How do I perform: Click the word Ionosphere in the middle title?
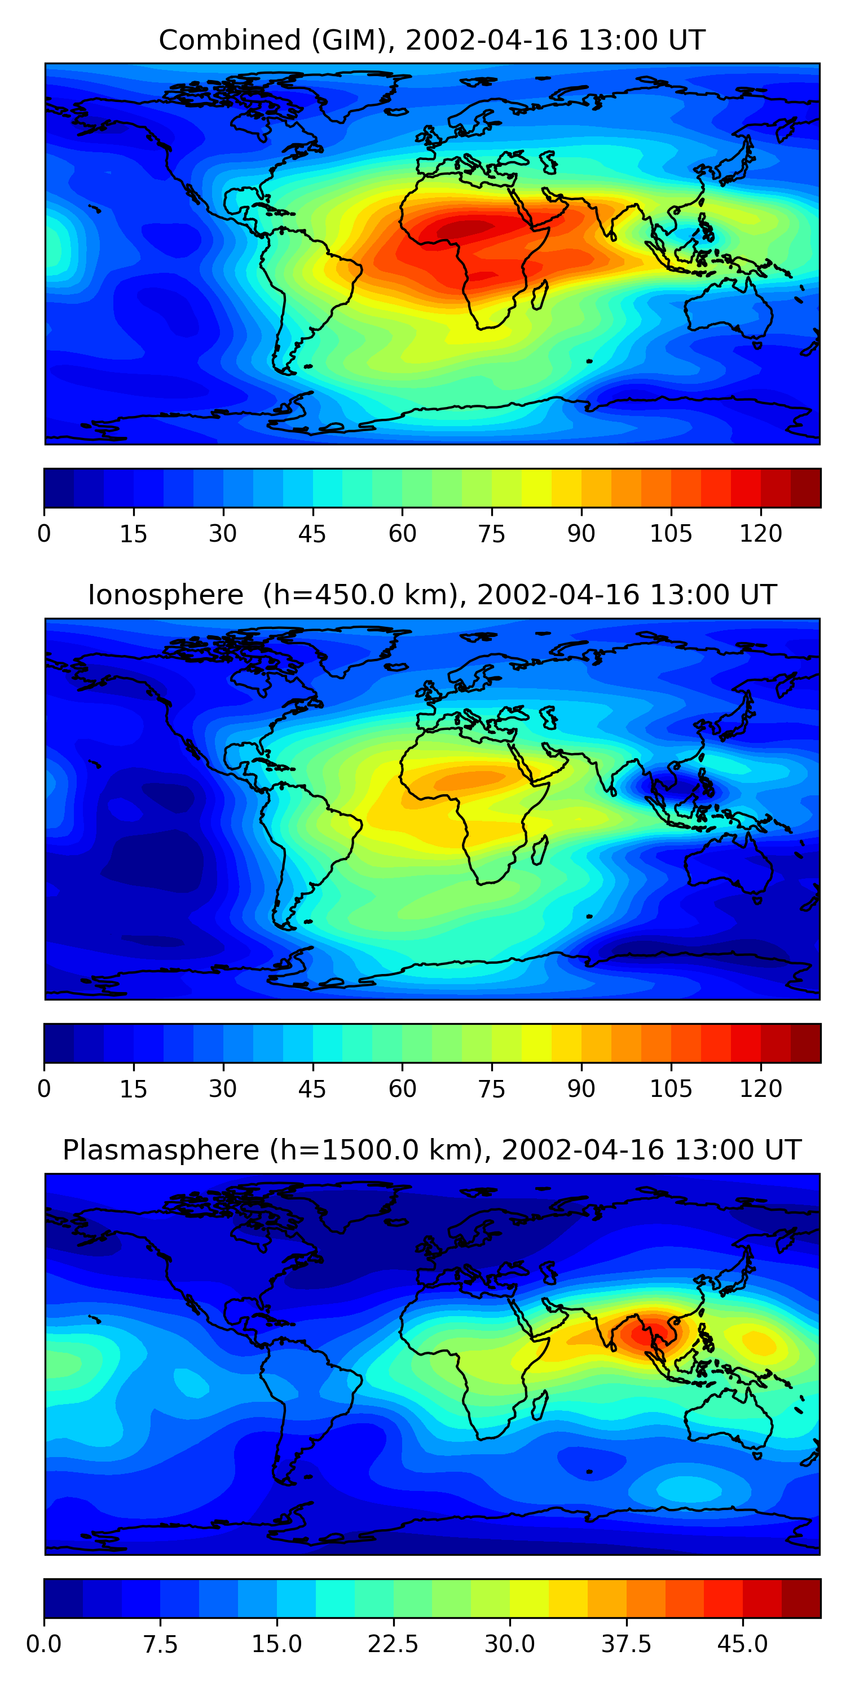[x=165, y=595]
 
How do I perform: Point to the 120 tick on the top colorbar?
[x=761, y=533]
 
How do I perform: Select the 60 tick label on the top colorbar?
[x=402, y=534]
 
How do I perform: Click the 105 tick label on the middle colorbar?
[x=671, y=1088]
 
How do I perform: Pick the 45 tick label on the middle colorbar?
[x=312, y=1088]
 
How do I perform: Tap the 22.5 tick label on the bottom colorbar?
[x=393, y=1644]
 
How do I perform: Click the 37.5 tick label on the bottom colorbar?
[x=626, y=1644]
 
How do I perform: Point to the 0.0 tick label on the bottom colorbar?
[x=44, y=1644]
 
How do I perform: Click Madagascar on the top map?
[x=540, y=295]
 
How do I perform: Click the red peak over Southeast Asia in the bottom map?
[x=647, y=1333]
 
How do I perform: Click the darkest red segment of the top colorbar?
[x=805, y=488]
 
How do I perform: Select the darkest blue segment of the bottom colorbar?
[x=63, y=1598]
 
